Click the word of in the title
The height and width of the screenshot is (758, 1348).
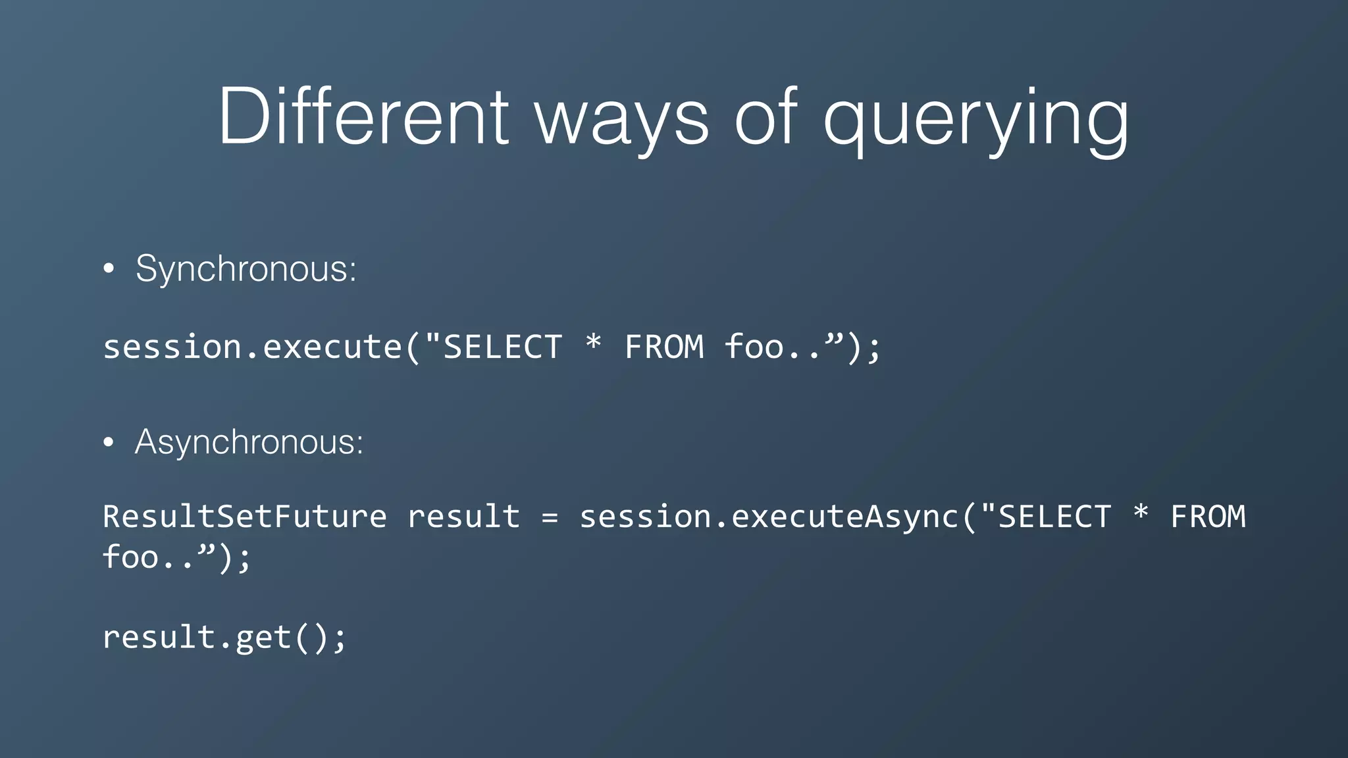coord(765,117)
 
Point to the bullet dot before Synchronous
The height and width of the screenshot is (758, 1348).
coord(109,269)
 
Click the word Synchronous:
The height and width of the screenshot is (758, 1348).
coord(246,268)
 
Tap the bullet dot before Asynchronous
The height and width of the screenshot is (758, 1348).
coord(109,442)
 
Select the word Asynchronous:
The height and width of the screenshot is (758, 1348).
coord(249,442)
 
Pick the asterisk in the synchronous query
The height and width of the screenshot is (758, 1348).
coord(593,343)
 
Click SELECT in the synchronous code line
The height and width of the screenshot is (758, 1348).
coord(502,347)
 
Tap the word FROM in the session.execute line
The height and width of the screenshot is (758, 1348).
coord(664,347)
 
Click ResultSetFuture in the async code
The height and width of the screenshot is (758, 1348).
coord(245,517)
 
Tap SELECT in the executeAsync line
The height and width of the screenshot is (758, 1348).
coord(1055,517)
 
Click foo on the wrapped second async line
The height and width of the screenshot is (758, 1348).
coord(130,557)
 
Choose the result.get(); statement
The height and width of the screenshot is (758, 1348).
coord(224,637)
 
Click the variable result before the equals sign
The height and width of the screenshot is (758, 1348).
coord(464,517)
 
